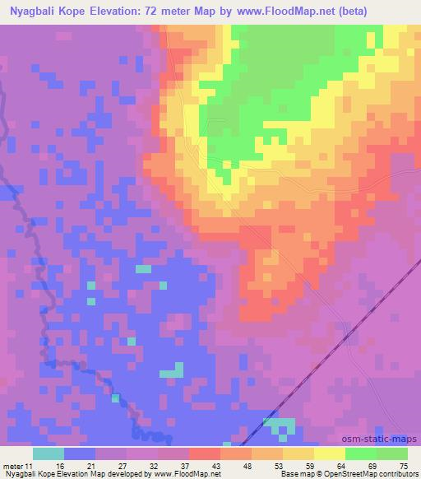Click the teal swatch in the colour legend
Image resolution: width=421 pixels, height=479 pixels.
point(49,453)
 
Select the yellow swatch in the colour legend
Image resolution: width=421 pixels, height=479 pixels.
point(330,453)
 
